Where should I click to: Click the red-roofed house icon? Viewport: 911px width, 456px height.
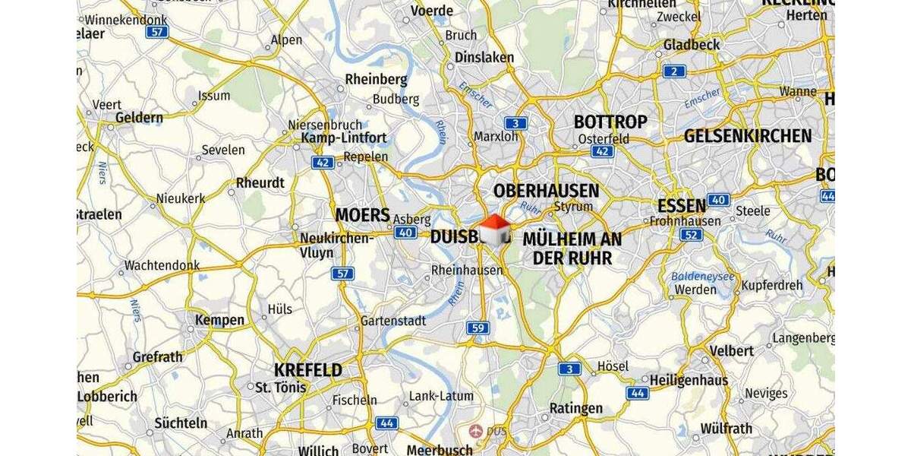[494, 229]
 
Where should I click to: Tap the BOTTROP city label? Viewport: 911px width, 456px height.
[610, 122]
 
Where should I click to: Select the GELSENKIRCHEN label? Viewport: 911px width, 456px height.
[748, 136]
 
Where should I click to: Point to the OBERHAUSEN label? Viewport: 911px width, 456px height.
[546, 190]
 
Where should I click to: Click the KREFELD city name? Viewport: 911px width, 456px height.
[308, 371]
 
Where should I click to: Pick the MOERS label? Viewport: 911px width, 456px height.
[362, 215]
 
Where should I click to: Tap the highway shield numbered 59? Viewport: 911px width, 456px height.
[478, 328]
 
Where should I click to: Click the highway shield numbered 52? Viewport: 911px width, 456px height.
[691, 235]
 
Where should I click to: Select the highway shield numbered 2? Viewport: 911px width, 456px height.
[673, 71]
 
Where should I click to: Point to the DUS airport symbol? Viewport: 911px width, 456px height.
[477, 431]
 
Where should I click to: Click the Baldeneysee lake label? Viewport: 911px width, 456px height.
[702, 276]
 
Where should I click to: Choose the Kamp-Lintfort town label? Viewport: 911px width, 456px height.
[344, 138]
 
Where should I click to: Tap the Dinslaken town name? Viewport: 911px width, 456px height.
[484, 57]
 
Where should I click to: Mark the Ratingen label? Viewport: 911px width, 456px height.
[575, 408]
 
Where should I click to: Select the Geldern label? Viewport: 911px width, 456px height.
[139, 118]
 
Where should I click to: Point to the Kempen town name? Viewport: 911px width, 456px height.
[219, 320]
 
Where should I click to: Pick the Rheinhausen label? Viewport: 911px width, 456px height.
[467, 270]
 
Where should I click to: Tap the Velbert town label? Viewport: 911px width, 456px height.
[732, 350]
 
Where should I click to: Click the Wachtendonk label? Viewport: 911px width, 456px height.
[162, 265]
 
